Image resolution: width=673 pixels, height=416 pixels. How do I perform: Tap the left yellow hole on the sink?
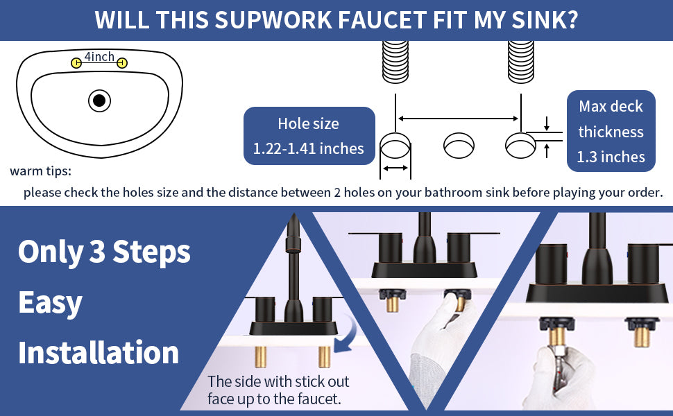pos(76,64)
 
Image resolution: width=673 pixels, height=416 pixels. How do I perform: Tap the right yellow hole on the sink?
pos(122,64)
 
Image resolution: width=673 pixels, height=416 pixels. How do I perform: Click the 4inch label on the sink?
pos(99,56)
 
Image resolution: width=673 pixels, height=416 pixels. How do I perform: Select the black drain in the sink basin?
pos(99,101)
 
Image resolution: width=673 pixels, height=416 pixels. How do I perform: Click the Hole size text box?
pos(309,136)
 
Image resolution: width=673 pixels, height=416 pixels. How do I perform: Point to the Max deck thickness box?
pos(611,131)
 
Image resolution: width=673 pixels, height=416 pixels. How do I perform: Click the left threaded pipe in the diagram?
pos(395,62)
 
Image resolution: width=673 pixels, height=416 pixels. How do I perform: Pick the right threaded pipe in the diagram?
pos(520,62)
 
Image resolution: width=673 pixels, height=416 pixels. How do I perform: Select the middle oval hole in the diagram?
pos(459,146)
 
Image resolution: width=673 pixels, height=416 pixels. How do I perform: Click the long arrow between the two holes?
pos(459,119)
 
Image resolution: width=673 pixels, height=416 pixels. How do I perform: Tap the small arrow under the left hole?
pos(395,168)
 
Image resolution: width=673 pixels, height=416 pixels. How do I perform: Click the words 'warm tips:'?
pos(41,171)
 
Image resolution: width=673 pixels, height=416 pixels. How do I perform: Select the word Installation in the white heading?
pos(99,352)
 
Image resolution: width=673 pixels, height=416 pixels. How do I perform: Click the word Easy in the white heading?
pos(50,303)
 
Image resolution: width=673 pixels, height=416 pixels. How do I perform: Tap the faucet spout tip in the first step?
pos(293,218)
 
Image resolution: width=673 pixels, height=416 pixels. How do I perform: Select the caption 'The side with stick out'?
pos(278,382)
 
